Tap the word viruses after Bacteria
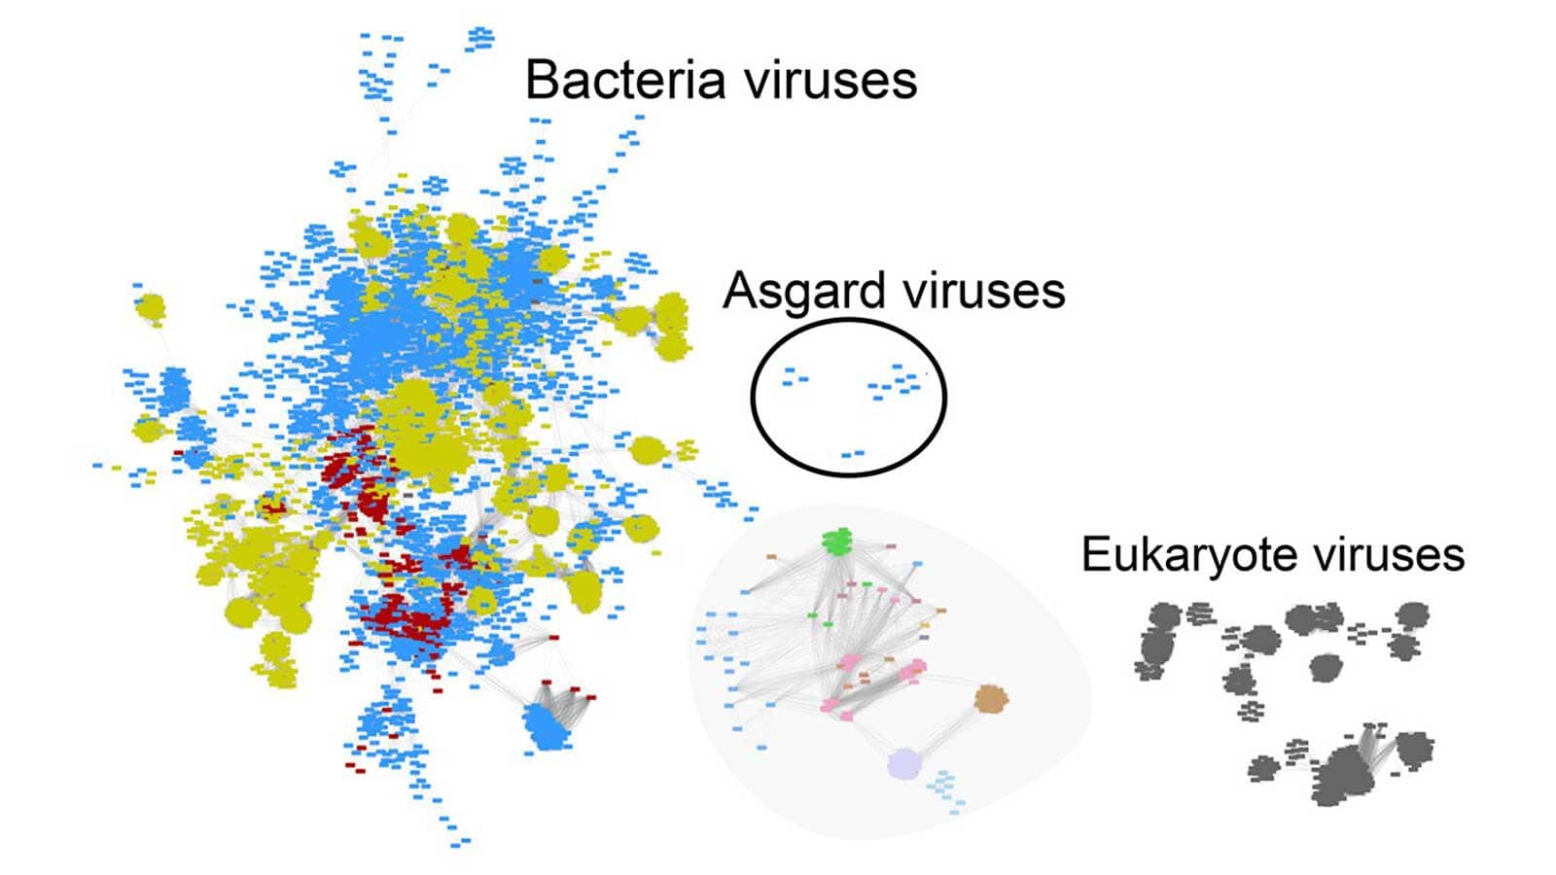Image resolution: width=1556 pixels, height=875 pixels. click(831, 81)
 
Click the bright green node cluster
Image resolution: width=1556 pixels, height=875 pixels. click(837, 542)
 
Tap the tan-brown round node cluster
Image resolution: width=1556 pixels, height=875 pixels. click(991, 699)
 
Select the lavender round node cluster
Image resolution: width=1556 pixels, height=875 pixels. click(904, 764)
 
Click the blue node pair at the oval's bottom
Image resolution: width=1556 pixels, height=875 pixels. click(852, 454)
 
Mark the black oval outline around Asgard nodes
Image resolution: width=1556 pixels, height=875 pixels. click(752, 398)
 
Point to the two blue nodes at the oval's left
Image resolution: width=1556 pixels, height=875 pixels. click(795, 376)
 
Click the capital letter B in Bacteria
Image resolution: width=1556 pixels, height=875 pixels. click(542, 80)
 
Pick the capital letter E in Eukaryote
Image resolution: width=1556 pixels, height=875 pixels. click(1096, 555)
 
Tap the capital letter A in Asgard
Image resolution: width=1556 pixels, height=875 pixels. click(740, 291)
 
